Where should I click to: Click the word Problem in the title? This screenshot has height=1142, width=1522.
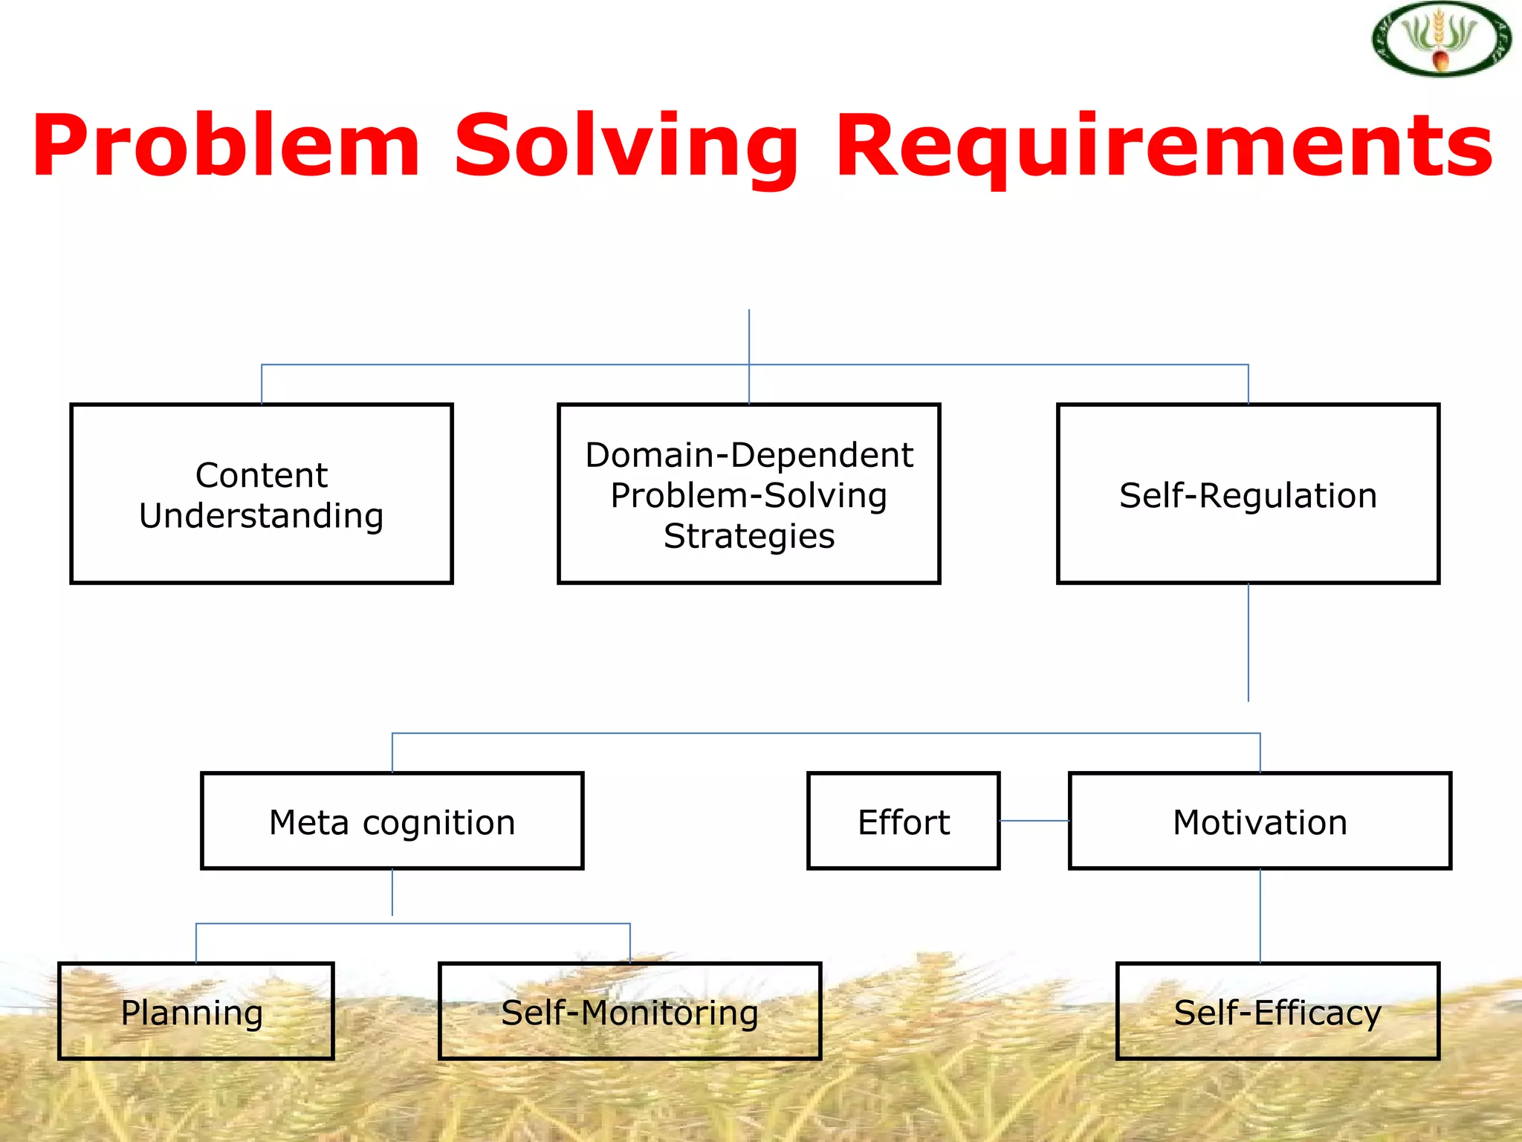(x=227, y=146)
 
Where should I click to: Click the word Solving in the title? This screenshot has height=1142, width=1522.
(x=626, y=146)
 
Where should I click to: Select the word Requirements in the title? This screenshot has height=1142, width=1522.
(x=1164, y=146)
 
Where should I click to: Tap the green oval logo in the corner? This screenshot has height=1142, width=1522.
(x=1441, y=39)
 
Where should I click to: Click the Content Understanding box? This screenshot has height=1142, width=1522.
(x=262, y=494)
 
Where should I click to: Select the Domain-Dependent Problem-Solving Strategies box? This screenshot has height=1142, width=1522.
(x=748, y=494)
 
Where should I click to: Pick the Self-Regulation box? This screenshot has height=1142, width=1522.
(x=1248, y=494)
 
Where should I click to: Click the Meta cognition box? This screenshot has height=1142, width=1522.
(x=392, y=821)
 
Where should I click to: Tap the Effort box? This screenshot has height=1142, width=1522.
(x=903, y=821)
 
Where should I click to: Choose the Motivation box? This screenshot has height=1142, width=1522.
(x=1260, y=821)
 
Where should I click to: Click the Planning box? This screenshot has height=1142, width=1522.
(x=196, y=1011)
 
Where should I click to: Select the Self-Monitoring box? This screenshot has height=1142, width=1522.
(x=629, y=1011)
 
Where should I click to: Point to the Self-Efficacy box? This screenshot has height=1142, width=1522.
(x=1277, y=1011)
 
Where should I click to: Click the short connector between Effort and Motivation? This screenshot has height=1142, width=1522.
(x=1034, y=821)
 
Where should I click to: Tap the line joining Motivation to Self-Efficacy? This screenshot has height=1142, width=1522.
(x=1260, y=916)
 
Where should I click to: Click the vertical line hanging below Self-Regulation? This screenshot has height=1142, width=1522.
(x=1249, y=643)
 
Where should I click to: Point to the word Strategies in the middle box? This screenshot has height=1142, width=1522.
(x=749, y=536)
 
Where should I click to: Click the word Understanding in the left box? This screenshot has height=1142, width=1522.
(x=262, y=516)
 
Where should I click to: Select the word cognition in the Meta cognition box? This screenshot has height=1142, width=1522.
(x=438, y=823)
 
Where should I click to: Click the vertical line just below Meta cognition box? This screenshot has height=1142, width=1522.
(x=392, y=892)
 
